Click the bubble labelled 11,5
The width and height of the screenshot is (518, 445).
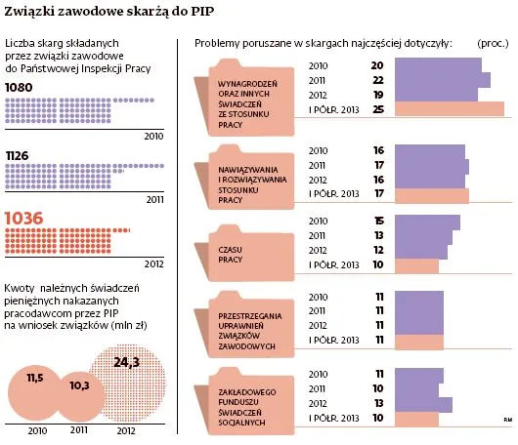(35, 377)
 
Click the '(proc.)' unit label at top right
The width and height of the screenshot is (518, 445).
(494, 45)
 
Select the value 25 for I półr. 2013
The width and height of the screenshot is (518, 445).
(377, 108)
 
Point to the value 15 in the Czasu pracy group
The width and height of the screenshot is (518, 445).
(377, 222)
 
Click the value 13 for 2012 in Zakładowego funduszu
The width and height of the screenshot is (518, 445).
(377, 404)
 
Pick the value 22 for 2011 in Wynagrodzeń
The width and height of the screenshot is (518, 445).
(377, 79)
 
